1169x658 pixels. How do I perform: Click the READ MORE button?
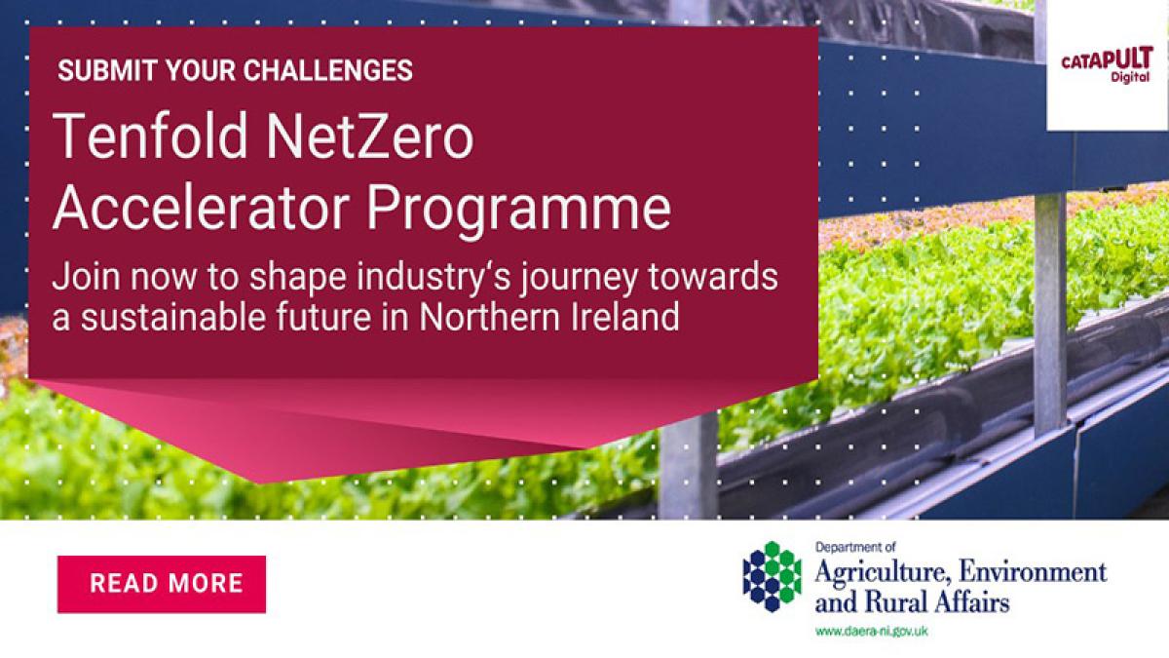tap(162, 584)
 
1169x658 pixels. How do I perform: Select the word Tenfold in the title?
tap(150, 135)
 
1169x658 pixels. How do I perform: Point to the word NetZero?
tap(370, 135)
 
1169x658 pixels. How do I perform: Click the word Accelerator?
tap(201, 208)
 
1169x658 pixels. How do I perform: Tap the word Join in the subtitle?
tap(87, 276)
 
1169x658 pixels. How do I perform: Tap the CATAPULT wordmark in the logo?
tap(1107, 59)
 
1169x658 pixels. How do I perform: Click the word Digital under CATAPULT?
tap(1130, 77)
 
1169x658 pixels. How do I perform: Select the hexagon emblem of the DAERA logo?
tap(772, 576)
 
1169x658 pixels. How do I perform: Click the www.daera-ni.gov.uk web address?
tap(872, 632)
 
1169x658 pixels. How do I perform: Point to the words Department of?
tap(855, 548)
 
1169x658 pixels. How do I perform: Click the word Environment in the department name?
tap(1034, 572)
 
